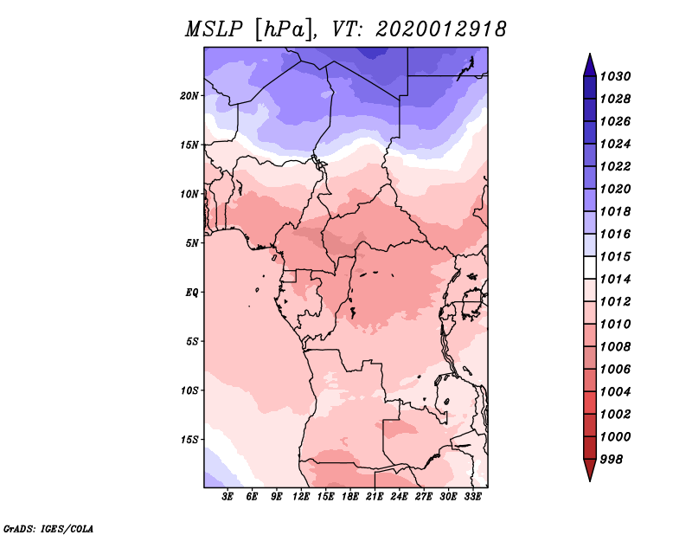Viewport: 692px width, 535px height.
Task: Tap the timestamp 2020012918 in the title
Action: tap(440, 29)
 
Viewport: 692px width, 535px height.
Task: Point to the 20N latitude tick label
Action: tap(190, 95)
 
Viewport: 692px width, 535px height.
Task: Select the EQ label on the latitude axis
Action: tap(193, 293)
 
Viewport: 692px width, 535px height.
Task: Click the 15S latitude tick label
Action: tap(190, 440)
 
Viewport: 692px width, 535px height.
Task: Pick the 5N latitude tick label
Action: tap(192, 243)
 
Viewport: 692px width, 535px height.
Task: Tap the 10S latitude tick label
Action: tap(190, 390)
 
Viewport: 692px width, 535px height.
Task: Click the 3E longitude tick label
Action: tap(228, 497)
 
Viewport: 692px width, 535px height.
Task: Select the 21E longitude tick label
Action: tap(375, 497)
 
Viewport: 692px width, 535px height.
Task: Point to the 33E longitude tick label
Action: tap(472, 497)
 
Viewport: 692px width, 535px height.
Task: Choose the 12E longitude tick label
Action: tap(302, 497)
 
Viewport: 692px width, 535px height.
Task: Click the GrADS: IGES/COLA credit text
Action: tap(48, 527)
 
